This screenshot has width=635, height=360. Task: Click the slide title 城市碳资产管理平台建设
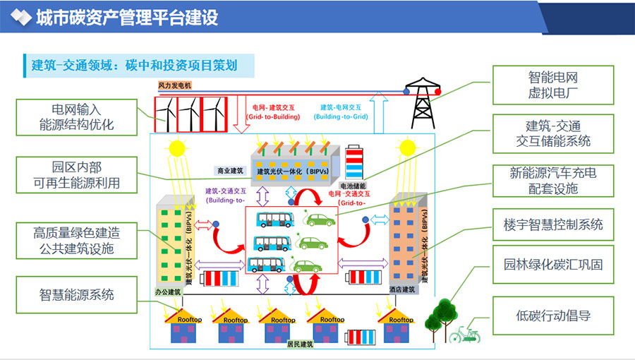[127, 18]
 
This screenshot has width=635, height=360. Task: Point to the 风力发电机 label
[175, 85]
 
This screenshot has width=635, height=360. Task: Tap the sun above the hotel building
[407, 148]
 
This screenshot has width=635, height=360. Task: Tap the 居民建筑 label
[299, 344]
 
